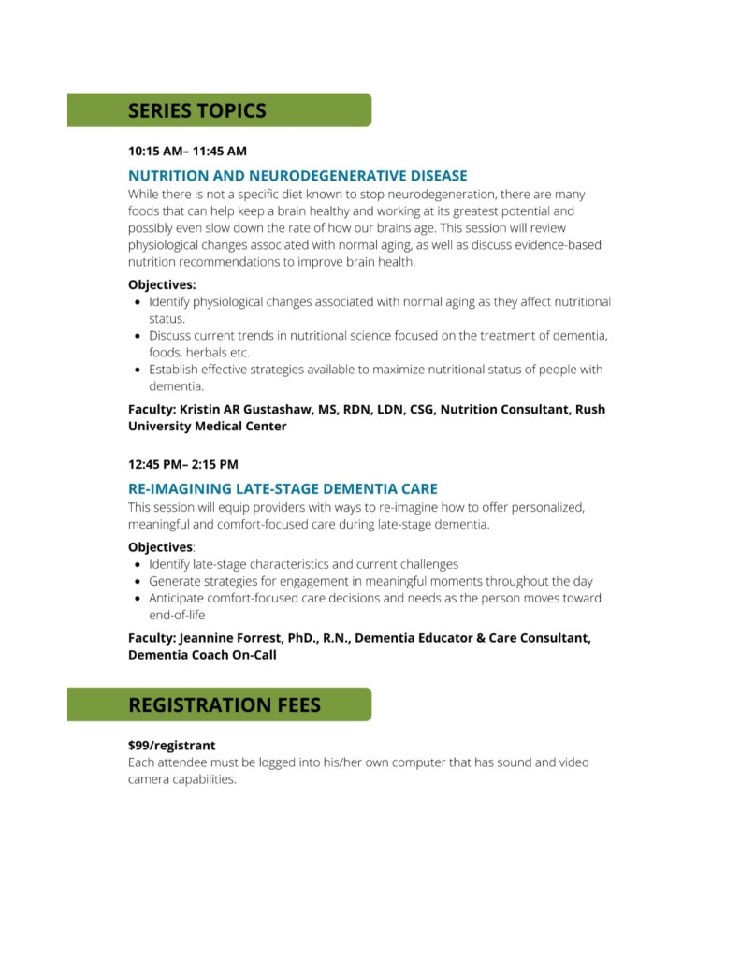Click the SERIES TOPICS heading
click(x=196, y=110)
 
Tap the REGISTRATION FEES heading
click(x=225, y=704)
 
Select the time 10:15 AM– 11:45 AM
click(x=187, y=150)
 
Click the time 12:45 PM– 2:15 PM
click(x=183, y=463)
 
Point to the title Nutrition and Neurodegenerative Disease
click(x=297, y=175)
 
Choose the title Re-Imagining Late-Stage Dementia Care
click(x=283, y=488)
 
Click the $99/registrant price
click(x=172, y=746)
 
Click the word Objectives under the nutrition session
click(x=162, y=284)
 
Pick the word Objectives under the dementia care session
click(x=160, y=546)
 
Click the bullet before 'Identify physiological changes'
click(x=138, y=303)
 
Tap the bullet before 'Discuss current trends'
click(x=138, y=336)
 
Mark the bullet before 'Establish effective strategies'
click(x=138, y=370)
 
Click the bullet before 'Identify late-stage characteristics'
click(x=138, y=565)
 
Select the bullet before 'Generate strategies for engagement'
click(x=138, y=582)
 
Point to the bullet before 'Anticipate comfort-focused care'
click(x=138, y=599)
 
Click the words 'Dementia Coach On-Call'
click(x=202, y=655)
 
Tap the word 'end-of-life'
click(x=177, y=616)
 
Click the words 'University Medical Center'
click(x=207, y=426)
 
